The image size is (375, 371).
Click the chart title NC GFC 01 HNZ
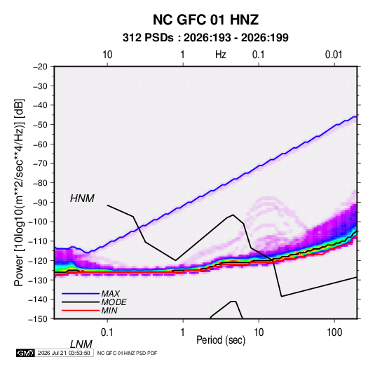point(205,20)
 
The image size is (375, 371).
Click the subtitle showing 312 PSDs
point(205,38)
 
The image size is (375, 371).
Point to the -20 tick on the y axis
point(40,67)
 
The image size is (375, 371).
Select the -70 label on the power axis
point(40,163)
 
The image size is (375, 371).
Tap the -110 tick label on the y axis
point(39,241)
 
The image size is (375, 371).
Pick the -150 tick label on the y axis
point(39,319)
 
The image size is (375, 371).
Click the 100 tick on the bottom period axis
point(334,332)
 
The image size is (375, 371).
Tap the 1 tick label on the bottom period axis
point(183,332)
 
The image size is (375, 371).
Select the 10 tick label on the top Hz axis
point(107,55)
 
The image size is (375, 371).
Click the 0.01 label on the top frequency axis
point(334,55)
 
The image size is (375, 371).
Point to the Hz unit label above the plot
point(221,55)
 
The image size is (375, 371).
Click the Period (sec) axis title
point(221,340)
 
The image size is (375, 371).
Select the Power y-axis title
point(19,193)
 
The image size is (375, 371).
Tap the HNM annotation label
point(82,198)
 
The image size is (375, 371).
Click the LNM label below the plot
point(81,344)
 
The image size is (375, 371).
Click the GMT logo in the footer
point(25,353)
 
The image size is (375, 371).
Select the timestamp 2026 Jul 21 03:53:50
point(64,353)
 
